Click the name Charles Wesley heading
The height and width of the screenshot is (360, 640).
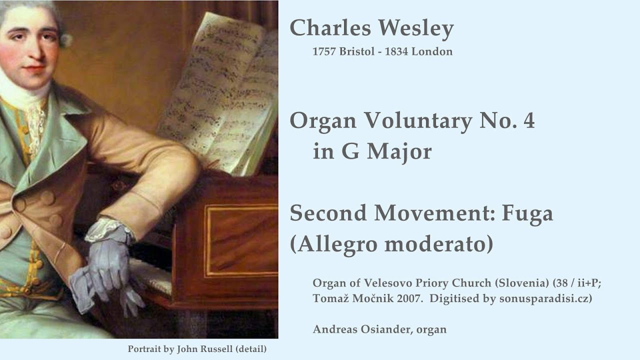pyautogui.click(x=371, y=28)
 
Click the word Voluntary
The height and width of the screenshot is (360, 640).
pyautogui.click(x=418, y=120)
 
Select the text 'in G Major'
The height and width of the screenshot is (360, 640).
pyautogui.click(x=372, y=151)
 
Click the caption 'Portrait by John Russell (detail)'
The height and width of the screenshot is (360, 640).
pyautogui.click(x=197, y=349)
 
